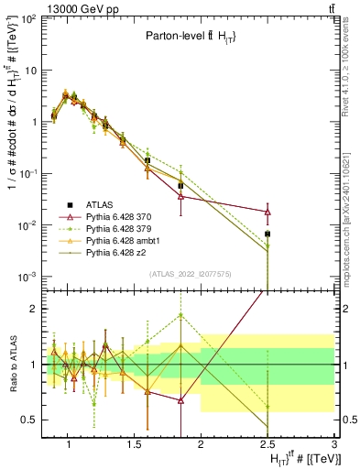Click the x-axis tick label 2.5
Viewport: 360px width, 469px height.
coord(267,443)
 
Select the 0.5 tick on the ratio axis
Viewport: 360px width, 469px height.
coord(29,420)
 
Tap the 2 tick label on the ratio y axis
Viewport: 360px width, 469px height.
coord(34,309)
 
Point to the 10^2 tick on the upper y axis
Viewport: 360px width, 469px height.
coord(27,18)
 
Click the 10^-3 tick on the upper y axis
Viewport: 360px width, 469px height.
coord(27,278)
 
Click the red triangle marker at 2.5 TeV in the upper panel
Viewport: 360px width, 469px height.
coord(267,212)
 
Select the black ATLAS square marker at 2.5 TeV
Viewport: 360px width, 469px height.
coord(267,234)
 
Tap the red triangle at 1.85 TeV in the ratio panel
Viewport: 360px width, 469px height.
coord(180,400)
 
